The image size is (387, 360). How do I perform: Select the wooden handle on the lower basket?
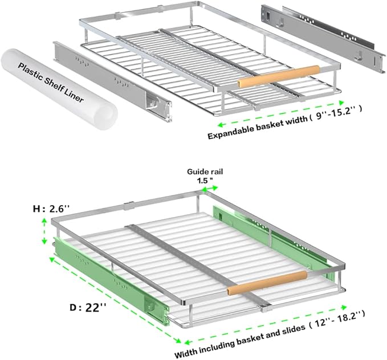click(x=267, y=283)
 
